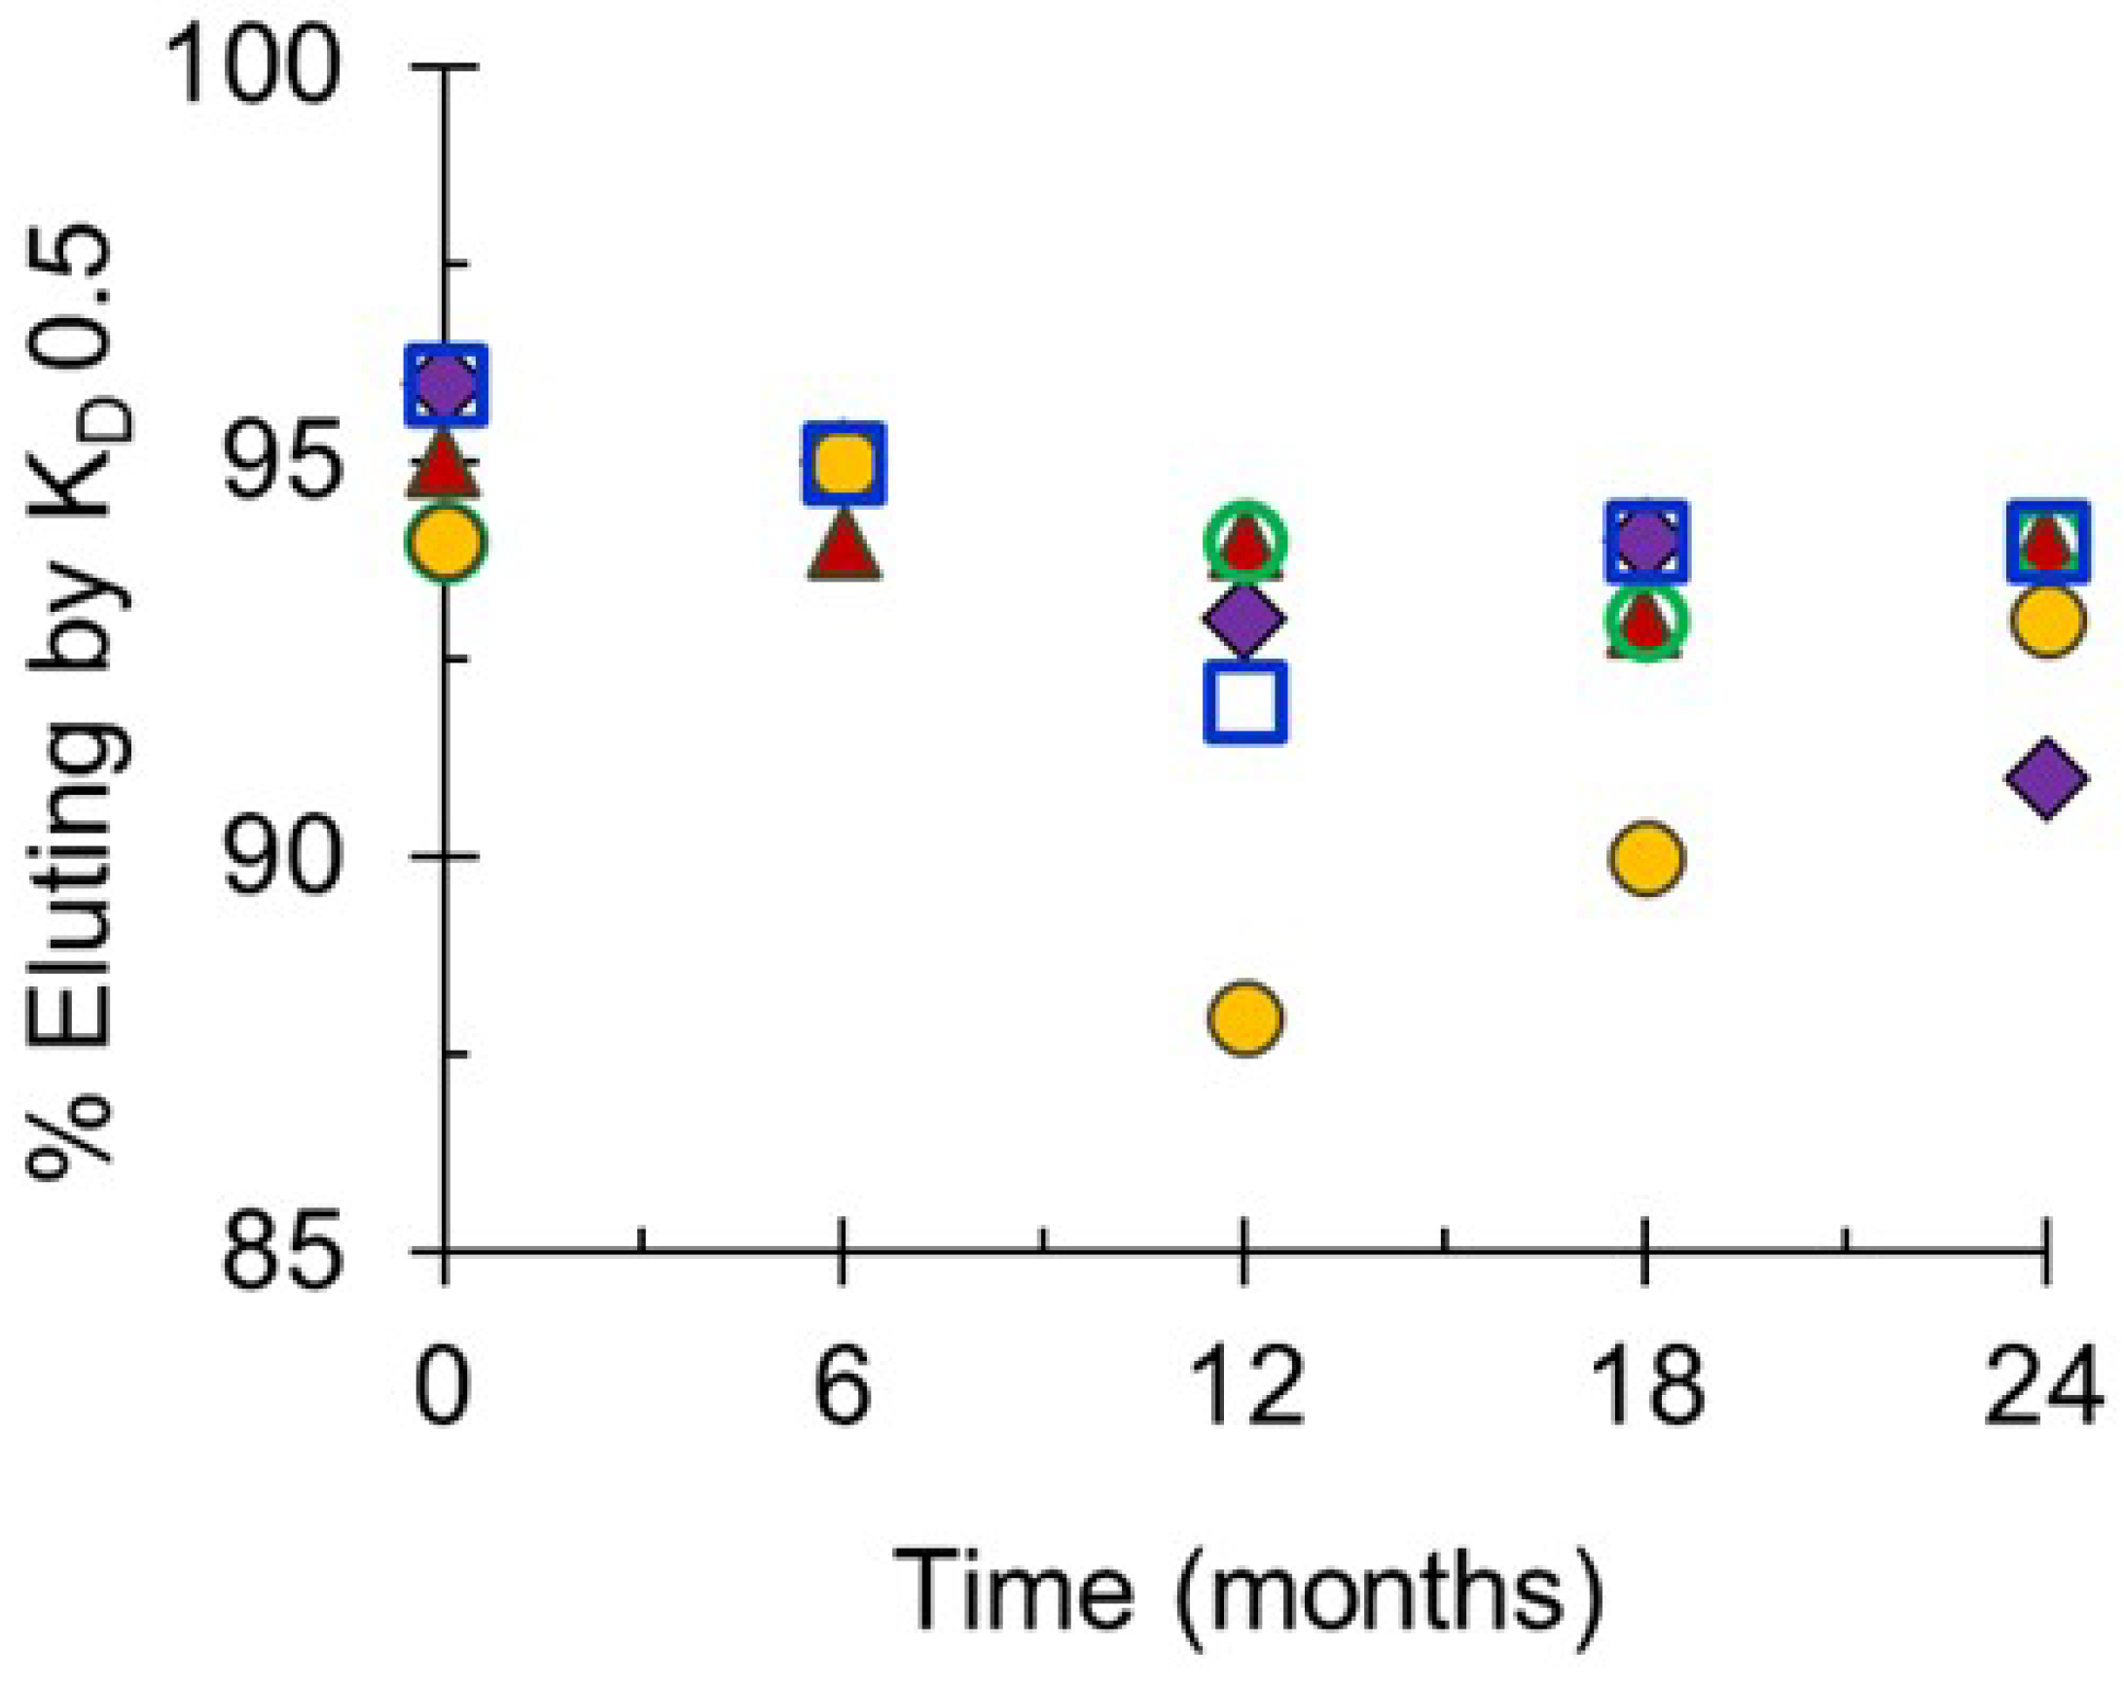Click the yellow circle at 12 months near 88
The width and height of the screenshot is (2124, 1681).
pos(1245,1018)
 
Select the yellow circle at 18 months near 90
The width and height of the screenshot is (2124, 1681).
pos(1645,857)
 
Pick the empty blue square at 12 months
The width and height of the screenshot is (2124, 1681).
pos(1245,700)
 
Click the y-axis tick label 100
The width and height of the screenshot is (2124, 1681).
pos(254,69)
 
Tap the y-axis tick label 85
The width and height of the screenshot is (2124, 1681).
pos(280,1252)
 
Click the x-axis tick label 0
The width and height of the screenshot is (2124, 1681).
pos(443,1389)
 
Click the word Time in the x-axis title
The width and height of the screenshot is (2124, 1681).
pos(1013,1588)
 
